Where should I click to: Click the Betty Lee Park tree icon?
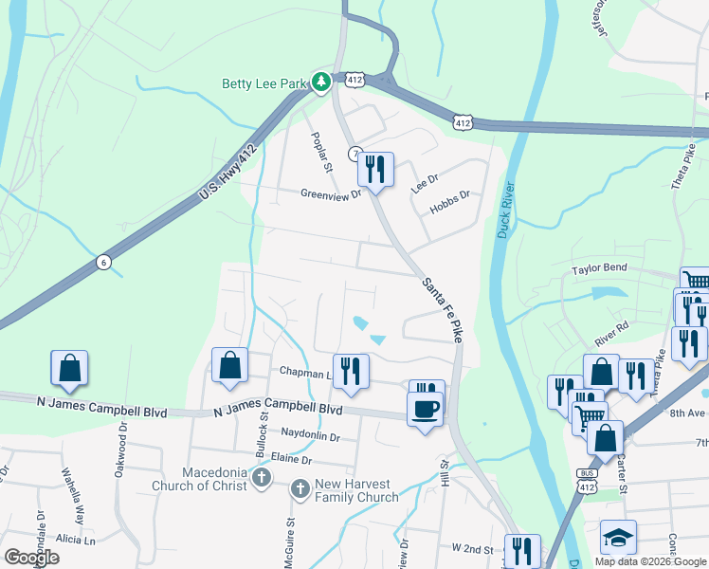click(x=321, y=83)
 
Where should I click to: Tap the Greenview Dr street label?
click(x=332, y=194)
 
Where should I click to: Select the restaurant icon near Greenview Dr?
click(x=375, y=170)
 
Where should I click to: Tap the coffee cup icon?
click(x=424, y=409)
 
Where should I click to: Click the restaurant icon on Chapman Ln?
click(x=350, y=372)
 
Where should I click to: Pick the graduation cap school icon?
click(x=619, y=538)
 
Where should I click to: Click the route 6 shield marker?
click(x=102, y=263)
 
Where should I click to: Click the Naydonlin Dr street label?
click(x=310, y=436)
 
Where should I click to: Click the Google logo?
click(x=31, y=558)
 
